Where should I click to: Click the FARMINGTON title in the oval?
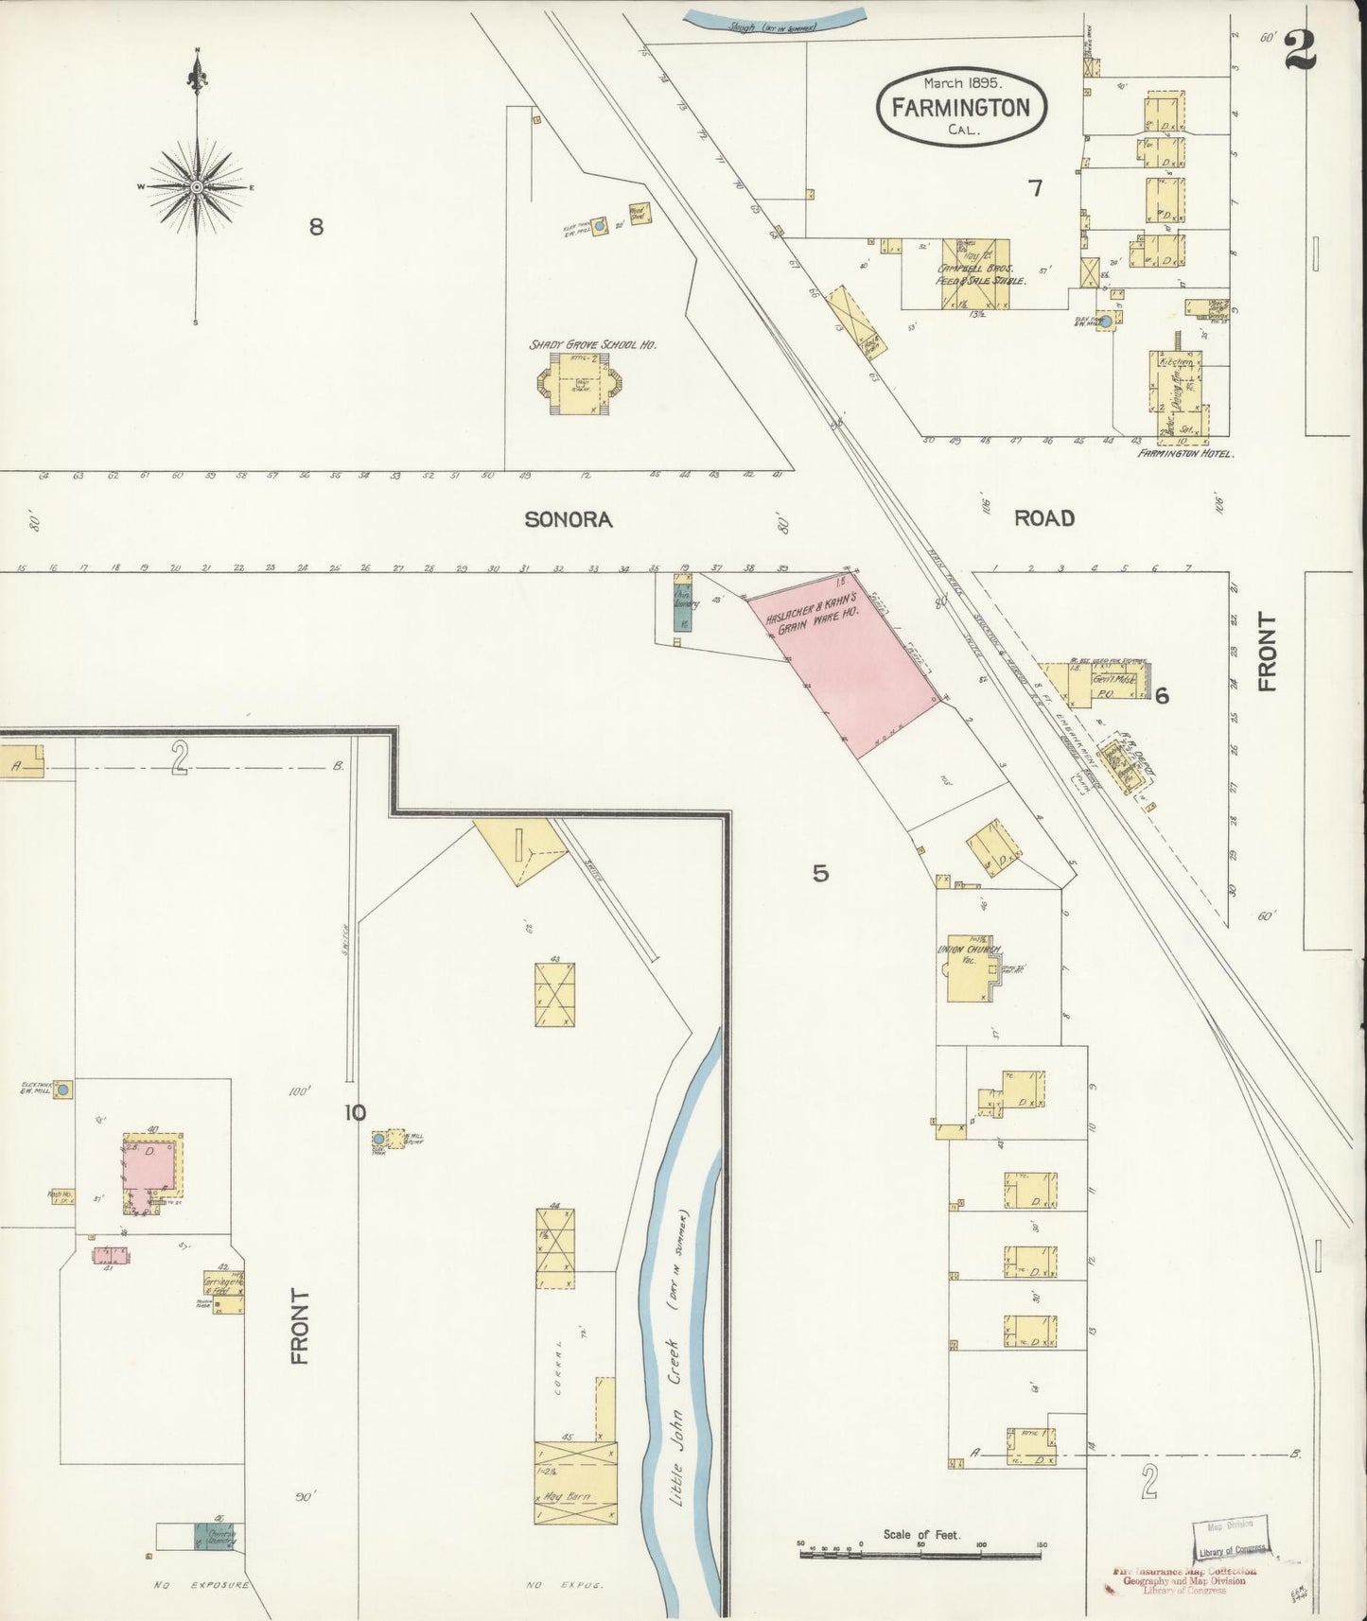click(x=961, y=107)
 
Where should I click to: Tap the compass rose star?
click(x=196, y=187)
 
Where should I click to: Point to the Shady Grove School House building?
click(x=579, y=388)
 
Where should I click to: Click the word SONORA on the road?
click(x=569, y=518)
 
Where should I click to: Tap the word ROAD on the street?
click(x=1044, y=517)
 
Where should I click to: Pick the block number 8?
click(x=316, y=226)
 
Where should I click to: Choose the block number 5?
click(x=820, y=873)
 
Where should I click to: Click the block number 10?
click(x=354, y=1112)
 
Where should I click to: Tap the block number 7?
click(x=1036, y=188)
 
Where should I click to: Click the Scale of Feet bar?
click(x=920, y=1552)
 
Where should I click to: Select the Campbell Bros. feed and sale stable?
click(x=973, y=273)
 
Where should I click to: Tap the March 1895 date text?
click(x=961, y=83)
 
